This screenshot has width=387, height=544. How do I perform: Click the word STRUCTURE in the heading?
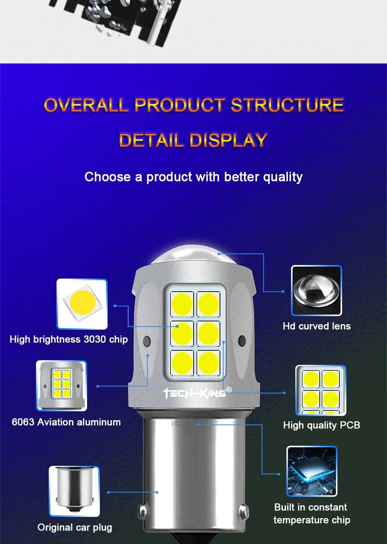tap(287, 105)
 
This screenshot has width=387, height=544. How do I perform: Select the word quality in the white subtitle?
tap(283, 177)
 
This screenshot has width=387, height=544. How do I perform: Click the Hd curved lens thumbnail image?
tap(317, 291)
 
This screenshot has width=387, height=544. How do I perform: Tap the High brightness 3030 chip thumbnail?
tap(82, 304)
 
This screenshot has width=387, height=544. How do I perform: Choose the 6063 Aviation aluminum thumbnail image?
tap(62, 386)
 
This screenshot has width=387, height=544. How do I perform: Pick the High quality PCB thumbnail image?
tap(321, 390)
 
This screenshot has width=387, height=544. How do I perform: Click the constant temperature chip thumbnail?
tap(312, 471)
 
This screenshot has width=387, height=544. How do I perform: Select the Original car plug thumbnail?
tap(74, 491)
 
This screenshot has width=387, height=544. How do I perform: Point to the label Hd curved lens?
tap(317, 326)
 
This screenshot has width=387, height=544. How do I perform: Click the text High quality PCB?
tap(322, 425)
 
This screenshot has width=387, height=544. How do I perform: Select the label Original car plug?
tap(75, 527)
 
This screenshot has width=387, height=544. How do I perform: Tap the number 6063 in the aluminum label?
tap(23, 422)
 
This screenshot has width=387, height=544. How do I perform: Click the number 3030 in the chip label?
tap(95, 339)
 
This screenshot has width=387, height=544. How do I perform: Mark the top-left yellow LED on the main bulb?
tap(182, 304)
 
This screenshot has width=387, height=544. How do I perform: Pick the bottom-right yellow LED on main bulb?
tap(209, 363)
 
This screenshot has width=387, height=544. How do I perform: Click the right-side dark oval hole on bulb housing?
tap(242, 341)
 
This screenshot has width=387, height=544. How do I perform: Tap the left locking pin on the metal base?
tap(143, 511)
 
